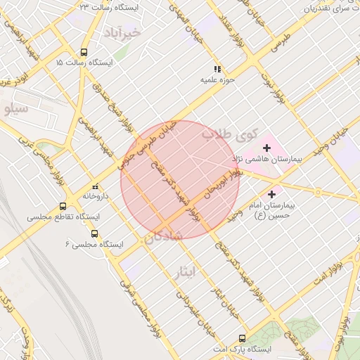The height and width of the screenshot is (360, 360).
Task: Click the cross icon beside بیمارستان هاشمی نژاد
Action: coord(266,148)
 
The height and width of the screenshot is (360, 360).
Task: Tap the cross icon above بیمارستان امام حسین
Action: coord(271,193)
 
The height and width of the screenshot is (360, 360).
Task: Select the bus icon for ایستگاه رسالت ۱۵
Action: coord(84,52)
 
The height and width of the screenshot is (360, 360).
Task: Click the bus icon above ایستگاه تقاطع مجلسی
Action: coord(63,207)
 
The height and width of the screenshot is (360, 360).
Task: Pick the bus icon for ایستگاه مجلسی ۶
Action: coord(94,233)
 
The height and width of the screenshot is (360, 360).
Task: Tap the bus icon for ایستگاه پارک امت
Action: coord(243,338)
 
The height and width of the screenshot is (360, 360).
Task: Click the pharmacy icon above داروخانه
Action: coord(95,187)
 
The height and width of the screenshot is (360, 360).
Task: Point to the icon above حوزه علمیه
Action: coord(217,69)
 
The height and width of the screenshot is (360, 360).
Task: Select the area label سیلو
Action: coord(15,109)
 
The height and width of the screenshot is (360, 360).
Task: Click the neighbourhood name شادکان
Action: coord(164,237)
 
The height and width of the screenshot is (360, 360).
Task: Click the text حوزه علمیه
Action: coord(217,79)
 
